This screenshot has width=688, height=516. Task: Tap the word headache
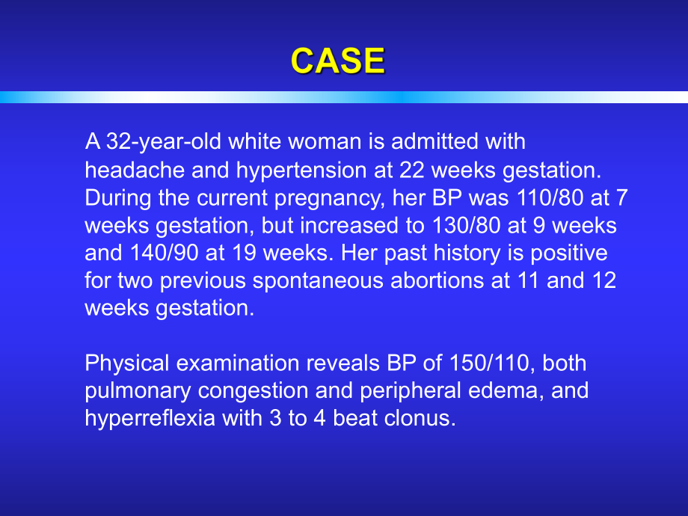tap(135, 170)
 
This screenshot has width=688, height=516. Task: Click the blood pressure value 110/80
tap(550, 197)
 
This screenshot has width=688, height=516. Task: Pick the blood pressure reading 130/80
tap(467, 225)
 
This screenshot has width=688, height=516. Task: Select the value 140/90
tap(164, 253)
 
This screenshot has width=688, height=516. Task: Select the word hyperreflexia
tap(150, 419)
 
